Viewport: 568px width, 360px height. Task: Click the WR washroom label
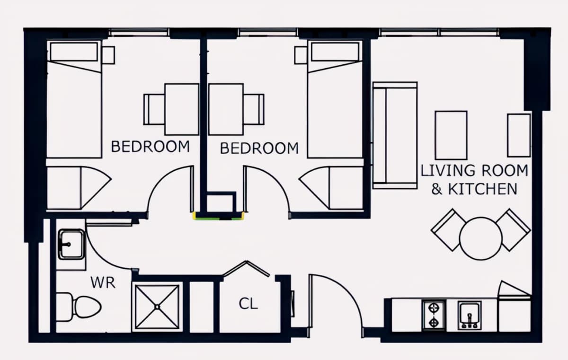(103, 283)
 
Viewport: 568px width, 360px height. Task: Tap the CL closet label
(248, 303)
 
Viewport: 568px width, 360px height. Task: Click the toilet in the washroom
(79, 307)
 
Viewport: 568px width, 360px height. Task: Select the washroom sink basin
(71, 245)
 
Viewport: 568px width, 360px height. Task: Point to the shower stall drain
(157, 307)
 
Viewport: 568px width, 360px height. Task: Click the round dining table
(481, 238)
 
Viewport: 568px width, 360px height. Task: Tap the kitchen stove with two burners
(434, 316)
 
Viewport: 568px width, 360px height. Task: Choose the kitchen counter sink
(470, 316)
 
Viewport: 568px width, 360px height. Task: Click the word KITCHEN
(482, 189)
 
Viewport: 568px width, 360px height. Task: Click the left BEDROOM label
(151, 147)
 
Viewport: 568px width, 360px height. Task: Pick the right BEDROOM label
(259, 148)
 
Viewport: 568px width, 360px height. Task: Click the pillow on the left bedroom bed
(74, 52)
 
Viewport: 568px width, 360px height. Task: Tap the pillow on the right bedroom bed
(335, 52)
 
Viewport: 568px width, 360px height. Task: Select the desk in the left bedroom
(182, 109)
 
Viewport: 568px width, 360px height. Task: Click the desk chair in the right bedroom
(254, 109)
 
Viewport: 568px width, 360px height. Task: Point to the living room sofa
(395, 136)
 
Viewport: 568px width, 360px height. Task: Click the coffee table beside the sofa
(451, 135)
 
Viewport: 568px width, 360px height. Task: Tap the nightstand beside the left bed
(108, 55)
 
